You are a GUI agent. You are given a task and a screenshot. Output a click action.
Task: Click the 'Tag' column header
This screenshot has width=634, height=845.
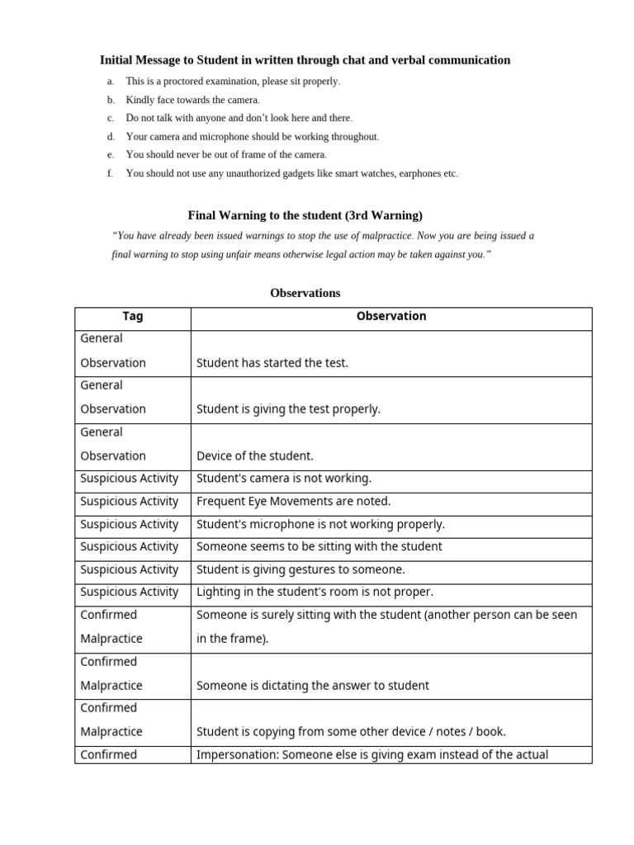[x=132, y=316]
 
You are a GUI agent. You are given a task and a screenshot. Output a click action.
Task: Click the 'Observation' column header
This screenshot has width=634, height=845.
[x=391, y=316]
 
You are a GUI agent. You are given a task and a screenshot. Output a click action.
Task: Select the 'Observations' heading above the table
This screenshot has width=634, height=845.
[x=305, y=293]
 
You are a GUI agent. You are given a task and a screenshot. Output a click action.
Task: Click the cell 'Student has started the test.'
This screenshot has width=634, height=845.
[x=272, y=363]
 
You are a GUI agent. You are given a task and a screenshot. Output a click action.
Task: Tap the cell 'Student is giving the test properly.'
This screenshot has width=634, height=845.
[x=288, y=409]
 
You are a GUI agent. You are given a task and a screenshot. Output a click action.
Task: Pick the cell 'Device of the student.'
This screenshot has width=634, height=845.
[x=254, y=456]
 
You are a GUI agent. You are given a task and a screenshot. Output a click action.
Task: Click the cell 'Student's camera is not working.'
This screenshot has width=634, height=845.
[x=283, y=479]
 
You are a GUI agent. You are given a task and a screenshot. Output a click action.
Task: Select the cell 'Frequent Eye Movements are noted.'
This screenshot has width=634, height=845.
[x=293, y=501]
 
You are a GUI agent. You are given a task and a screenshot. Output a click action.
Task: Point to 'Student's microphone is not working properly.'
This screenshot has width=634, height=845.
[x=320, y=524]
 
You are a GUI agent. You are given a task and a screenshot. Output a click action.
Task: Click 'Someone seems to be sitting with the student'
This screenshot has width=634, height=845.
[x=319, y=546]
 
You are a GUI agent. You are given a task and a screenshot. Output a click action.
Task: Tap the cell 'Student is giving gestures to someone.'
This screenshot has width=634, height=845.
[x=300, y=569]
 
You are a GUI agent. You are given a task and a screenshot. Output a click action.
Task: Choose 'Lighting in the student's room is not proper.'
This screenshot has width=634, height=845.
[x=314, y=592]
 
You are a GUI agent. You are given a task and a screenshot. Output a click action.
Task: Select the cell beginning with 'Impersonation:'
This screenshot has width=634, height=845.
[x=371, y=754]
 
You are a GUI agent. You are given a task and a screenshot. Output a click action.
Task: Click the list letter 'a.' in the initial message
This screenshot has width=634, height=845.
[x=111, y=82]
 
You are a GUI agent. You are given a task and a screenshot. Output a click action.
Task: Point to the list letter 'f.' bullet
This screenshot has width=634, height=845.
[x=111, y=174]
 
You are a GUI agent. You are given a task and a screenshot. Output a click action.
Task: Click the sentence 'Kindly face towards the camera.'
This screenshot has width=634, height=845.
[x=192, y=100]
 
